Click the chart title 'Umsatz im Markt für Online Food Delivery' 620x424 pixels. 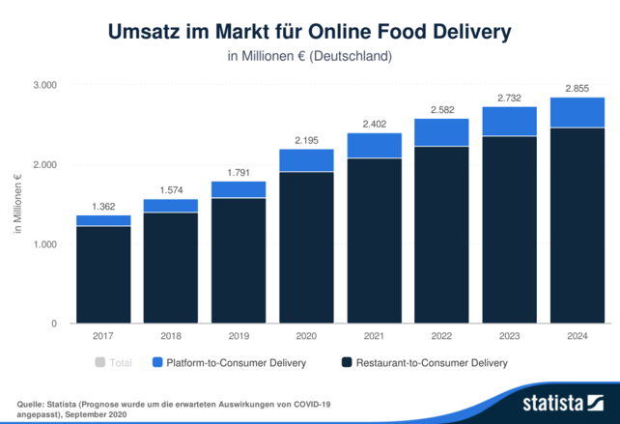point(309,31)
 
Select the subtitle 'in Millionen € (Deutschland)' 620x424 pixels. point(309,56)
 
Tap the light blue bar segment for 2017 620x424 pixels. point(103,220)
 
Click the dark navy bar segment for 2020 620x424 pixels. point(306,247)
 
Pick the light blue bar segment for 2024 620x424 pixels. point(577,112)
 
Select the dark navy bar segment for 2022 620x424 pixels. point(441,235)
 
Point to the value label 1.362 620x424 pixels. point(103,206)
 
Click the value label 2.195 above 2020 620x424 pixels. point(306,140)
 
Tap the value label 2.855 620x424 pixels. point(577,88)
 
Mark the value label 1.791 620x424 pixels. point(239,172)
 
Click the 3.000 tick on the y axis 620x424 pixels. point(45,86)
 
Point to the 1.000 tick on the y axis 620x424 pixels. point(45,244)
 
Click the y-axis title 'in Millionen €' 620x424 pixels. point(17,205)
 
